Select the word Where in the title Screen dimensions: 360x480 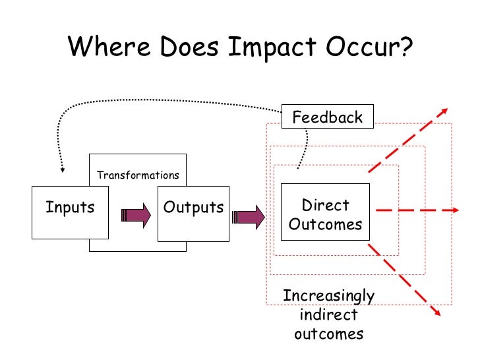click(x=104, y=47)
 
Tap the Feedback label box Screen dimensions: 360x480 click(x=327, y=117)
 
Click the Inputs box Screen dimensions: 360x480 click(x=70, y=212)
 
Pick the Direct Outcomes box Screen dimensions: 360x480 click(x=325, y=212)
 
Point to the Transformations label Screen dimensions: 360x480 click(x=137, y=175)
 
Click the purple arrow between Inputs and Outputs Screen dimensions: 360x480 click(x=135, y=216)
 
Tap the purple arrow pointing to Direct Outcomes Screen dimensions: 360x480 click(x=251, y=216)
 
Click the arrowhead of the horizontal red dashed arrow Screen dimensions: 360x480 click(x=454, y=210)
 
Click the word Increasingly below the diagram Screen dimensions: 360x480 click(x=328, y=296)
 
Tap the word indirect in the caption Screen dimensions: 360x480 click(x=328, y=315)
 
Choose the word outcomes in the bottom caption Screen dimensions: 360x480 click(x=328, y=333)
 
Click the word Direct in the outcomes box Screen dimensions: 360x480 click(x=325, y=204)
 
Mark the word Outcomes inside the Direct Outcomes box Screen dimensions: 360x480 click(x=325, y=224)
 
